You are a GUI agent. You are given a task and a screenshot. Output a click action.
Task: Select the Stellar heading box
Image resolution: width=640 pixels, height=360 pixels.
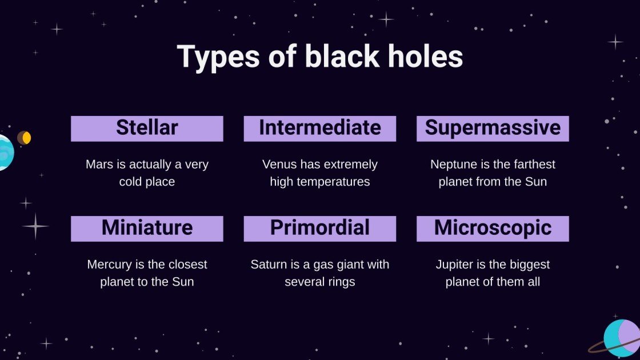click(x=147, y=128)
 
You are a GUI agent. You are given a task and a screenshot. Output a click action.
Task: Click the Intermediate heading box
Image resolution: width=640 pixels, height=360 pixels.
click(x=319, y=128)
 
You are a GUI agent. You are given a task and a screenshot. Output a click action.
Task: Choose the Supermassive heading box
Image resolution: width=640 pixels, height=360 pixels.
click(x=493, y=128)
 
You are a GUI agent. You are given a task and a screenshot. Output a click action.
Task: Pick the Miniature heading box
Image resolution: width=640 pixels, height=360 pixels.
click(x=147, y=228)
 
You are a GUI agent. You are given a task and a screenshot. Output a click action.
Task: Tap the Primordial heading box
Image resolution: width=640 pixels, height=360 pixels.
click(x=319, y=228)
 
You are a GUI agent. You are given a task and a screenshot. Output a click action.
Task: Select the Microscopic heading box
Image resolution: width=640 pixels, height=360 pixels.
click(x=493, y=228)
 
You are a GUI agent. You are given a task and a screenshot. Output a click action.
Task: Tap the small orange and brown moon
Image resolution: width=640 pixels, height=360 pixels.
click(x=24, y=138)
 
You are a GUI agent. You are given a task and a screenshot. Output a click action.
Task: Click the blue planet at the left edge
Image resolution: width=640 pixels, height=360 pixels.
click(x=5, y=153)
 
